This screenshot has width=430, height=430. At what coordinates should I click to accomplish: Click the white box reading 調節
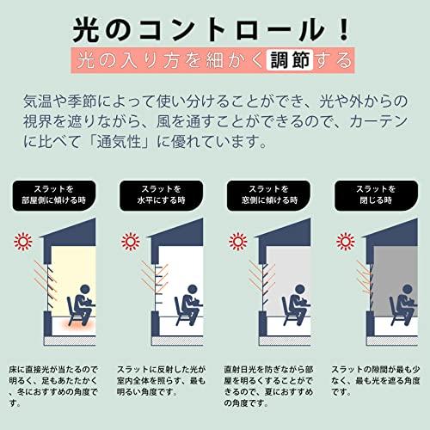[290, 60]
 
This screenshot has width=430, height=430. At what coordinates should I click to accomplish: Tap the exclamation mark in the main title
[343, 29]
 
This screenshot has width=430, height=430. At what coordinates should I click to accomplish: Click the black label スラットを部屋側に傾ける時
[54, 195]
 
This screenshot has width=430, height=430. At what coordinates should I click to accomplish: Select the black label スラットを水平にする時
[162, 195]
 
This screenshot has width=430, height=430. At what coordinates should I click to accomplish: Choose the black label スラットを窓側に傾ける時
[268, 195]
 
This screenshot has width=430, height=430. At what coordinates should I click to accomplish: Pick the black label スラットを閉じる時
[376, 195]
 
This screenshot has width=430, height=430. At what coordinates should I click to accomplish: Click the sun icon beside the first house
[23, 242]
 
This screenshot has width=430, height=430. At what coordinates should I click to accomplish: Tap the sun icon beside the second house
[131, 242]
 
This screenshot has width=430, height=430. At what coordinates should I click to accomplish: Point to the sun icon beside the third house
[238, 242]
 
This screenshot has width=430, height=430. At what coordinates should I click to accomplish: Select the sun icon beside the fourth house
[346, 242]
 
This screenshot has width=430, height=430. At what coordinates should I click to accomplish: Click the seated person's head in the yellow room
[85, 289]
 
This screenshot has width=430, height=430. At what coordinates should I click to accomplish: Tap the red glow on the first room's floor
[74, 325]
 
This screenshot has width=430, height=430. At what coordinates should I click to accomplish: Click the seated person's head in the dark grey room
[407, 289]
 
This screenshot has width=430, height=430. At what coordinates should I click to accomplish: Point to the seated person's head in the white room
[193, 289]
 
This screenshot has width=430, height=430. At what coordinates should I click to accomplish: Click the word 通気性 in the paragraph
[119, 142]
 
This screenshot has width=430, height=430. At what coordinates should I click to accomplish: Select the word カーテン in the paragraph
[378, 121]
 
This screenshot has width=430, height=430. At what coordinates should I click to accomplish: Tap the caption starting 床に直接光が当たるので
[53, 386]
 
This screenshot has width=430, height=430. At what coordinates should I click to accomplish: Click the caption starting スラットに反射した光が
[161, 381]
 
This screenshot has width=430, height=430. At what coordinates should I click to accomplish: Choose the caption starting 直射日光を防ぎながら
[268, 386]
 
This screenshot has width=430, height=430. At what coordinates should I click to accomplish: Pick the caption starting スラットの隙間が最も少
[376, 381]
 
